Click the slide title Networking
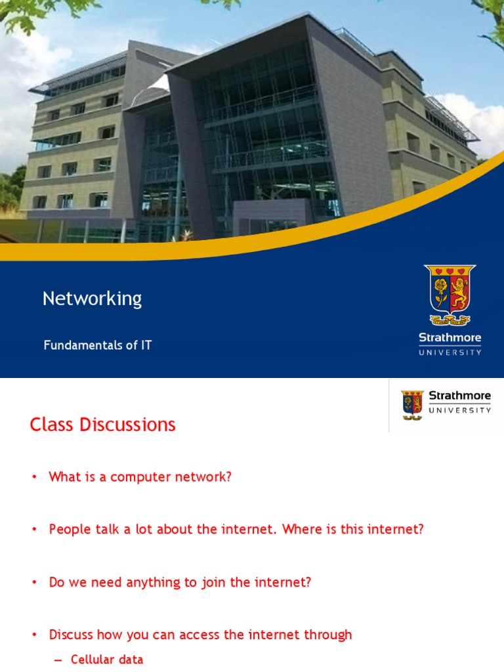92,299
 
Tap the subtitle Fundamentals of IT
98,345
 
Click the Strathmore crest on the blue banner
450,295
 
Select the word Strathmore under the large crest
450,339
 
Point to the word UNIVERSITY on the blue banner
450,352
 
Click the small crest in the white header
413,405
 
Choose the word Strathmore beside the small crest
459,396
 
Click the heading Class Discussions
102,425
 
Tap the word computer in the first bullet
137,477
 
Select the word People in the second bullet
67,530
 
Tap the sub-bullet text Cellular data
107,660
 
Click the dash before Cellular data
58,660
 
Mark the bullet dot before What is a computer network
35,478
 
